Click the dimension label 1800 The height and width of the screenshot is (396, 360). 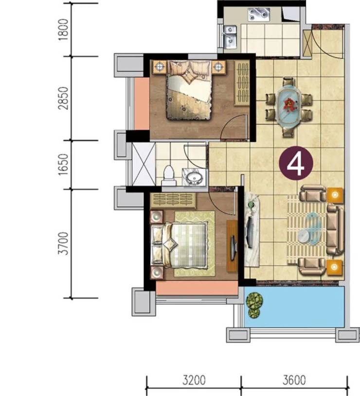(x=63, y=30)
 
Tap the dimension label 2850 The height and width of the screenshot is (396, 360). (x=63, y=98)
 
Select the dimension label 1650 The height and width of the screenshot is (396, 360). (x=63, y=165)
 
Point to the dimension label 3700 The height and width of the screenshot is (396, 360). (x=63, y=244)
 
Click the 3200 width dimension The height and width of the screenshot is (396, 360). (x=194, y=380)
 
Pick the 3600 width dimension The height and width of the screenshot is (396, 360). (x=294, y=380)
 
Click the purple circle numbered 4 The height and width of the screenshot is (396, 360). (x=296, y=164)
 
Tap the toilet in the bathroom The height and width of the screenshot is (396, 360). (x=169, y=175)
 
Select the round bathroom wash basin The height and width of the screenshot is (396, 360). (x=194, y=177)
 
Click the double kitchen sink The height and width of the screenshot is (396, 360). (x=230, y=37)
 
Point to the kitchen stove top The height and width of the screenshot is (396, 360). (x=259, y=14)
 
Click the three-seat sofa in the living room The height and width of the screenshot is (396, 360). (x=336, y=229)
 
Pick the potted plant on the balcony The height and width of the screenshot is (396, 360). (x=254, y=305)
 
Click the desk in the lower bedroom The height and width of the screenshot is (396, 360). (x=232, y=246)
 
